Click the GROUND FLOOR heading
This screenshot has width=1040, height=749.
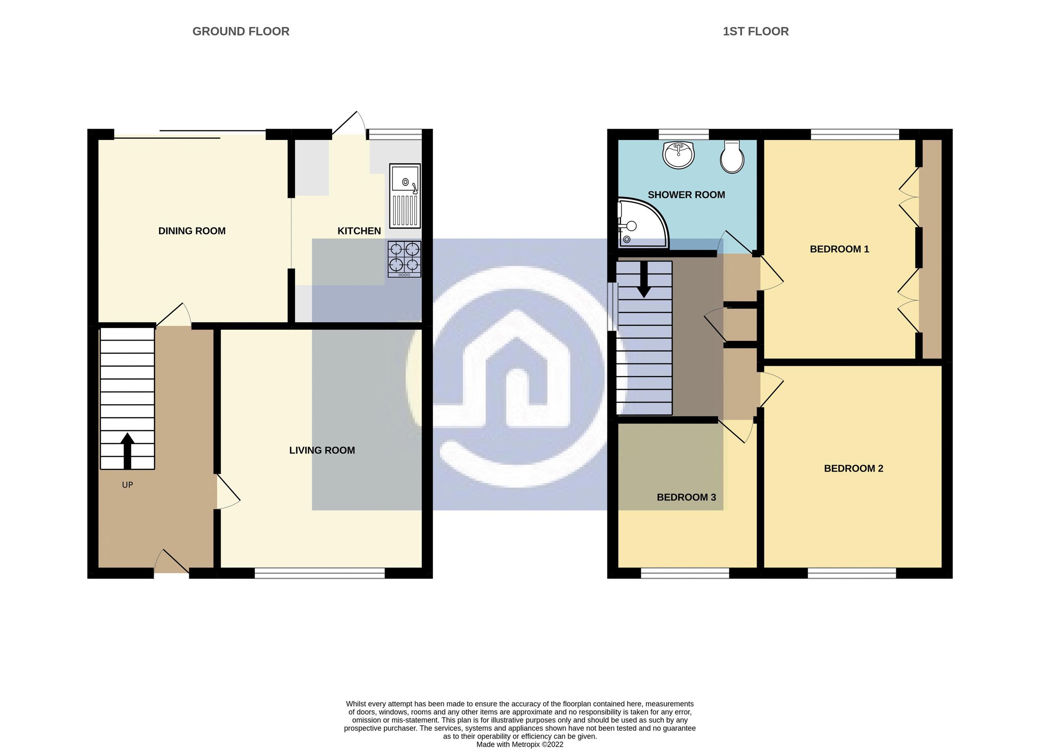tap(241, 31)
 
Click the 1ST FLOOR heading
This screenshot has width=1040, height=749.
tap(755, 31)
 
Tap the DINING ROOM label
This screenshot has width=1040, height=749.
tap(192, 231)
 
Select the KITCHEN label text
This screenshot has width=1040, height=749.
tap(359, 231)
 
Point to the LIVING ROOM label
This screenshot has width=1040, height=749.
tap(322, 450)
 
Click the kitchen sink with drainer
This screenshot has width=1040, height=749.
tap(404, 196)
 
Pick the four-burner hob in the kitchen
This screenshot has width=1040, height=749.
tap(404, 259)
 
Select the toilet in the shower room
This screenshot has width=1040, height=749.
tap(732, 157)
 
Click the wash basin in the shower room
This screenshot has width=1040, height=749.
tap(678, 155)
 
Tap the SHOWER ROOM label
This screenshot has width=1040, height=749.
tap(686, 195)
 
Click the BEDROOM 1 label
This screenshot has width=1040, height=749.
tap(839, 250)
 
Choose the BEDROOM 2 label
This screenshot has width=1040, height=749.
tap(853, 468)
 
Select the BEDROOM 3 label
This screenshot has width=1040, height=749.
tap(686, 497)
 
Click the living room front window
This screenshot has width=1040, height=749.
tap(320, 573)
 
